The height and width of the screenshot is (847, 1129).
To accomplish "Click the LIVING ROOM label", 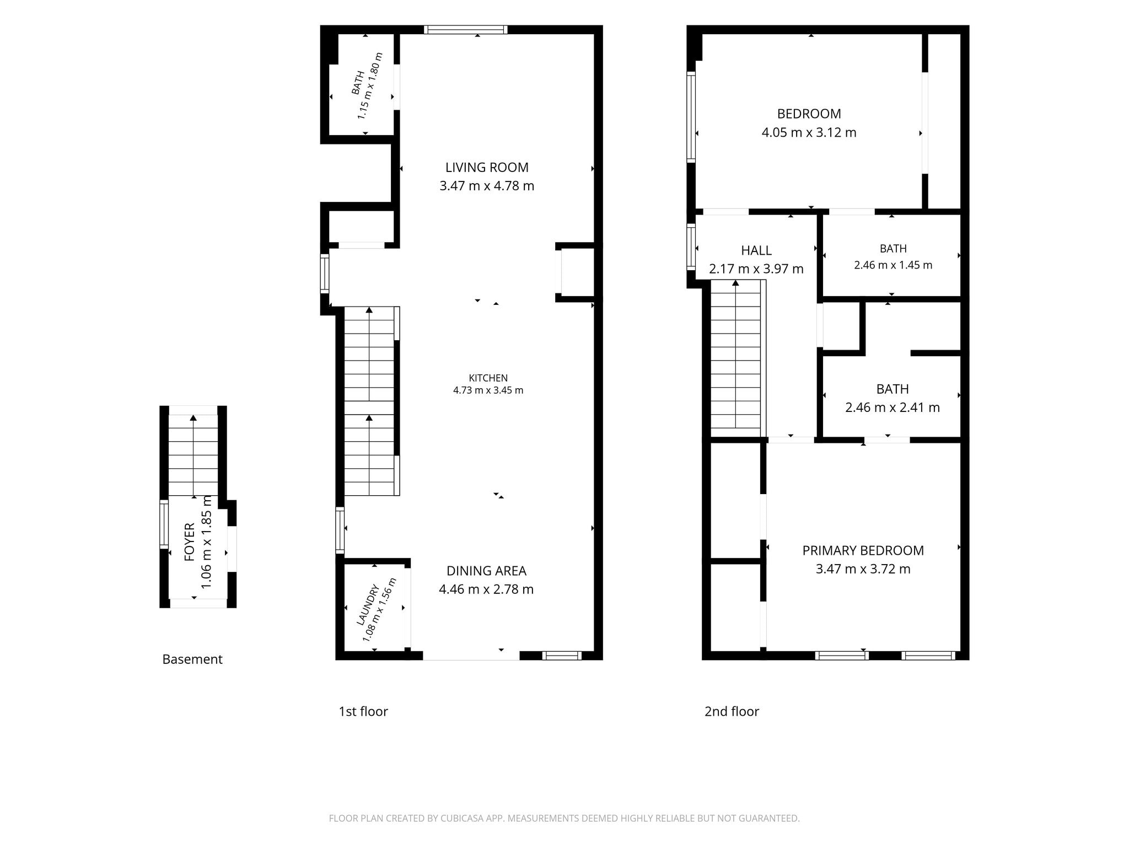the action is [x=487, y=167].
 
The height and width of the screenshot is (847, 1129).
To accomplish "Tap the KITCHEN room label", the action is [x=488, y=378].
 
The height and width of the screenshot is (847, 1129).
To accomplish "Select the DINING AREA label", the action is [x=486, y=571].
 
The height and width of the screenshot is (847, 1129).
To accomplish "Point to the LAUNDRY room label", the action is [x=368, y=605].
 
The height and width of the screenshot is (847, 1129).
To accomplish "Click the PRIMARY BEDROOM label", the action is [x=863, y=550].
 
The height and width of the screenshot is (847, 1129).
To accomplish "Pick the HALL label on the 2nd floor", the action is [x=756, y=250].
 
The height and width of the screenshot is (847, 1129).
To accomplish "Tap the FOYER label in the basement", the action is [x=190, y=542].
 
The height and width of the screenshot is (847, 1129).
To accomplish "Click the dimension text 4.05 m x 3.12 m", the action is [x=809, y=132].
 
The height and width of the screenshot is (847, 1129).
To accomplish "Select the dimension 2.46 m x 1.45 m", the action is [x=893, y=265].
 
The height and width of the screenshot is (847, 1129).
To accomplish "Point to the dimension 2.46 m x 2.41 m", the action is [x=893, y=408].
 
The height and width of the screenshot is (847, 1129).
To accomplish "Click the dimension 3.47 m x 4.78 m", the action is [x=487, y=186].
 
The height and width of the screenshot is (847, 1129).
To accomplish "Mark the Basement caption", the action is [x=192, y=659].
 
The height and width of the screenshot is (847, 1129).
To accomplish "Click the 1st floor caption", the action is [x=363, y=711].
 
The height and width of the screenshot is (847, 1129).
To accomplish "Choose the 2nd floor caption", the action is [x=732, y=711].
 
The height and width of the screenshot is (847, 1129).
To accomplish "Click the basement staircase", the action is [x=193, y=455].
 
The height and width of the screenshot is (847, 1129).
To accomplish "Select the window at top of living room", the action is [x=465, y=30].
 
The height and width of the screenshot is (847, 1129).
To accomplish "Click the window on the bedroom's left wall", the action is [x=691, y=117].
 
